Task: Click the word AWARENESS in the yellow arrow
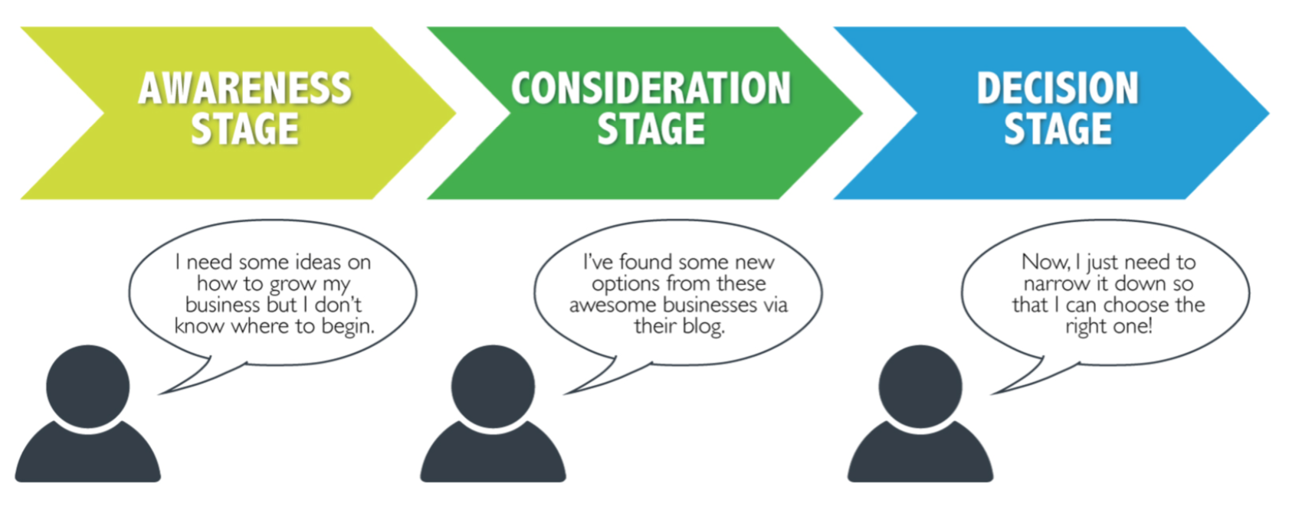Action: pyautogui.click(x=244, y=89)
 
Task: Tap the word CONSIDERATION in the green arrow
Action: pyautogui.click(x=651, y=89)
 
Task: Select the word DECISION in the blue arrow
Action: pyautogui.click(x=1058, y=89)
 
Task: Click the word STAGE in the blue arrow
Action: pyautogui.click(x=1058, y=129)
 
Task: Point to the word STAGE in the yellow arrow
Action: pyautogui.click(x=244, y=129)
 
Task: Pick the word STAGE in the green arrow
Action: pyautogui.click(x=651, y=129)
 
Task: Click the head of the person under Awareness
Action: pyautogui.click(x=88, y=386)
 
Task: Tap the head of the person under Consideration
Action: pyautogui.click(x=494, y=386)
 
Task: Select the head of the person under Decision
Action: pyautogui.click(x=920, y=386)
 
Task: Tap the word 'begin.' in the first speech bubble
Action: pyautogui.click(x=348, y=327)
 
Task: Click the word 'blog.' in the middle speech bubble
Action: pyautogui.click(x=704, y=327)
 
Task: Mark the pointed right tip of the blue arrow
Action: pyautogui.click(x=1269, y=113)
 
